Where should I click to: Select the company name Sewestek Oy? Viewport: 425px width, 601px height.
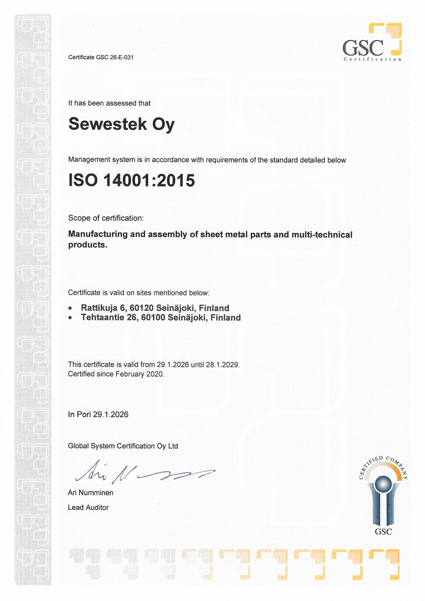121,124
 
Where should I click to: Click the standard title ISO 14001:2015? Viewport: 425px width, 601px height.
132,180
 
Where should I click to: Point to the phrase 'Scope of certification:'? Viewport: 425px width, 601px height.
106,218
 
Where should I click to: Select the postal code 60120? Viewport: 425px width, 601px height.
142,308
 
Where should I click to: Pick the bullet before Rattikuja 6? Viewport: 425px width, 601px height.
70,308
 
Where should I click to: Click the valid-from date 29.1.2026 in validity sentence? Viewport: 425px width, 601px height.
173,365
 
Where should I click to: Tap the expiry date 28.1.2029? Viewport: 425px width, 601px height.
222,365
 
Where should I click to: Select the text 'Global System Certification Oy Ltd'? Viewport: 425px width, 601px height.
123,446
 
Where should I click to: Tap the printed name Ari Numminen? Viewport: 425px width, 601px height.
90,493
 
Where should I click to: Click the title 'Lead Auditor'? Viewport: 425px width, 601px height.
88,507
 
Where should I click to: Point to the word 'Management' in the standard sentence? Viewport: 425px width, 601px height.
89,159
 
